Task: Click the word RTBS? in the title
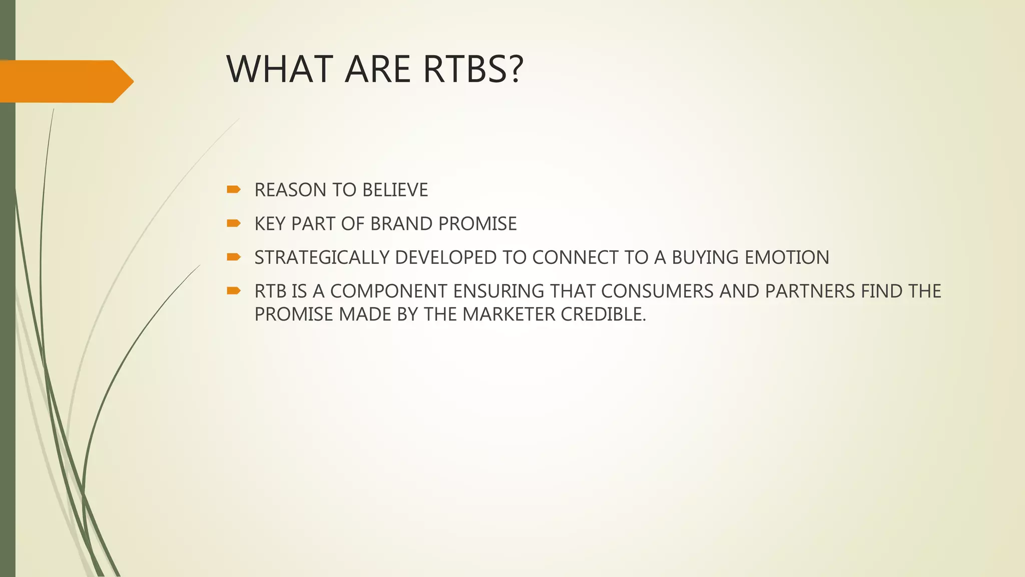473,69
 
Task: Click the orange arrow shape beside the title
65,81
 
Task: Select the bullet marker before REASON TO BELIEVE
233,189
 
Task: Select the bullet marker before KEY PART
233,223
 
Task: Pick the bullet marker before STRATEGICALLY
233,257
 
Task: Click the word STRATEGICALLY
322,257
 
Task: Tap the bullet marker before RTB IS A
233,291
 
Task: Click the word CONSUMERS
657,291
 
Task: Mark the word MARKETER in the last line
508,315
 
